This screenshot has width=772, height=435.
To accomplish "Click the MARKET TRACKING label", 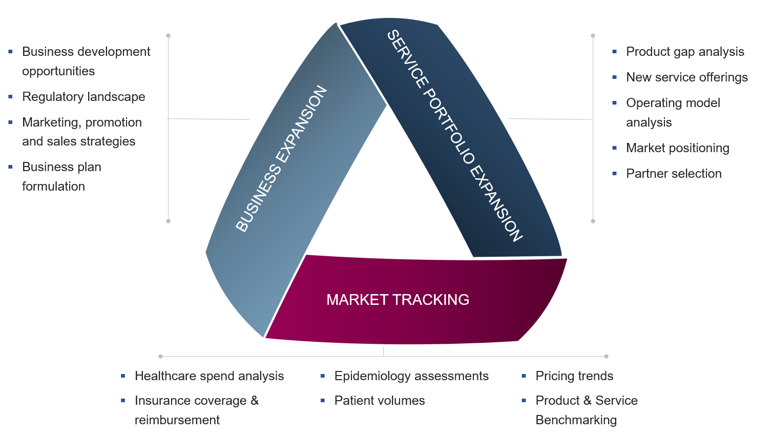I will point(398,300).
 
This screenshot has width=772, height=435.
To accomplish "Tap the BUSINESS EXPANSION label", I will point(281,159).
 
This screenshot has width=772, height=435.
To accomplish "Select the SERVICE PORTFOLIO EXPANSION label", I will point(454,136).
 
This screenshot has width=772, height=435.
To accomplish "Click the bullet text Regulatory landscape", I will point(84,97).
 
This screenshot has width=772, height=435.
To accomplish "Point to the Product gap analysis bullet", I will point(685,52).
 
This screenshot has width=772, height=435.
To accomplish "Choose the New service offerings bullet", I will point(686,77).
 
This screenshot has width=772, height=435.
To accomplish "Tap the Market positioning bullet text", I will point(677,148).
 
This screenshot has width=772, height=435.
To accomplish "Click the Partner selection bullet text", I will point(674,174).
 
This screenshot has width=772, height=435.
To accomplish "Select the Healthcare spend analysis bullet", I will point(209,376).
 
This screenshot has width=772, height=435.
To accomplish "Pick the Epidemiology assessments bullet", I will point(411,376).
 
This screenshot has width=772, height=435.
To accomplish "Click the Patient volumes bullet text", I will point(380,401).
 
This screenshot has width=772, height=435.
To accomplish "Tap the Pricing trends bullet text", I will point(574,376).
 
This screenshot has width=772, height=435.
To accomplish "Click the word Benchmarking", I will point(576,420).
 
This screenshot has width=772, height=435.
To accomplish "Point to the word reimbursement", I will point(177,420).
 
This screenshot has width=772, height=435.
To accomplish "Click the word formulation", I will point(53,187).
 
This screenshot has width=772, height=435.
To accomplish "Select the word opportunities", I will point(58,71).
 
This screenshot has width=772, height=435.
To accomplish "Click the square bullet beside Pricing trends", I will point(524,376).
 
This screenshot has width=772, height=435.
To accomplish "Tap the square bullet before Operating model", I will point(615,103).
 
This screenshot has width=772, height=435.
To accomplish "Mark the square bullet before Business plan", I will point(10,167).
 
